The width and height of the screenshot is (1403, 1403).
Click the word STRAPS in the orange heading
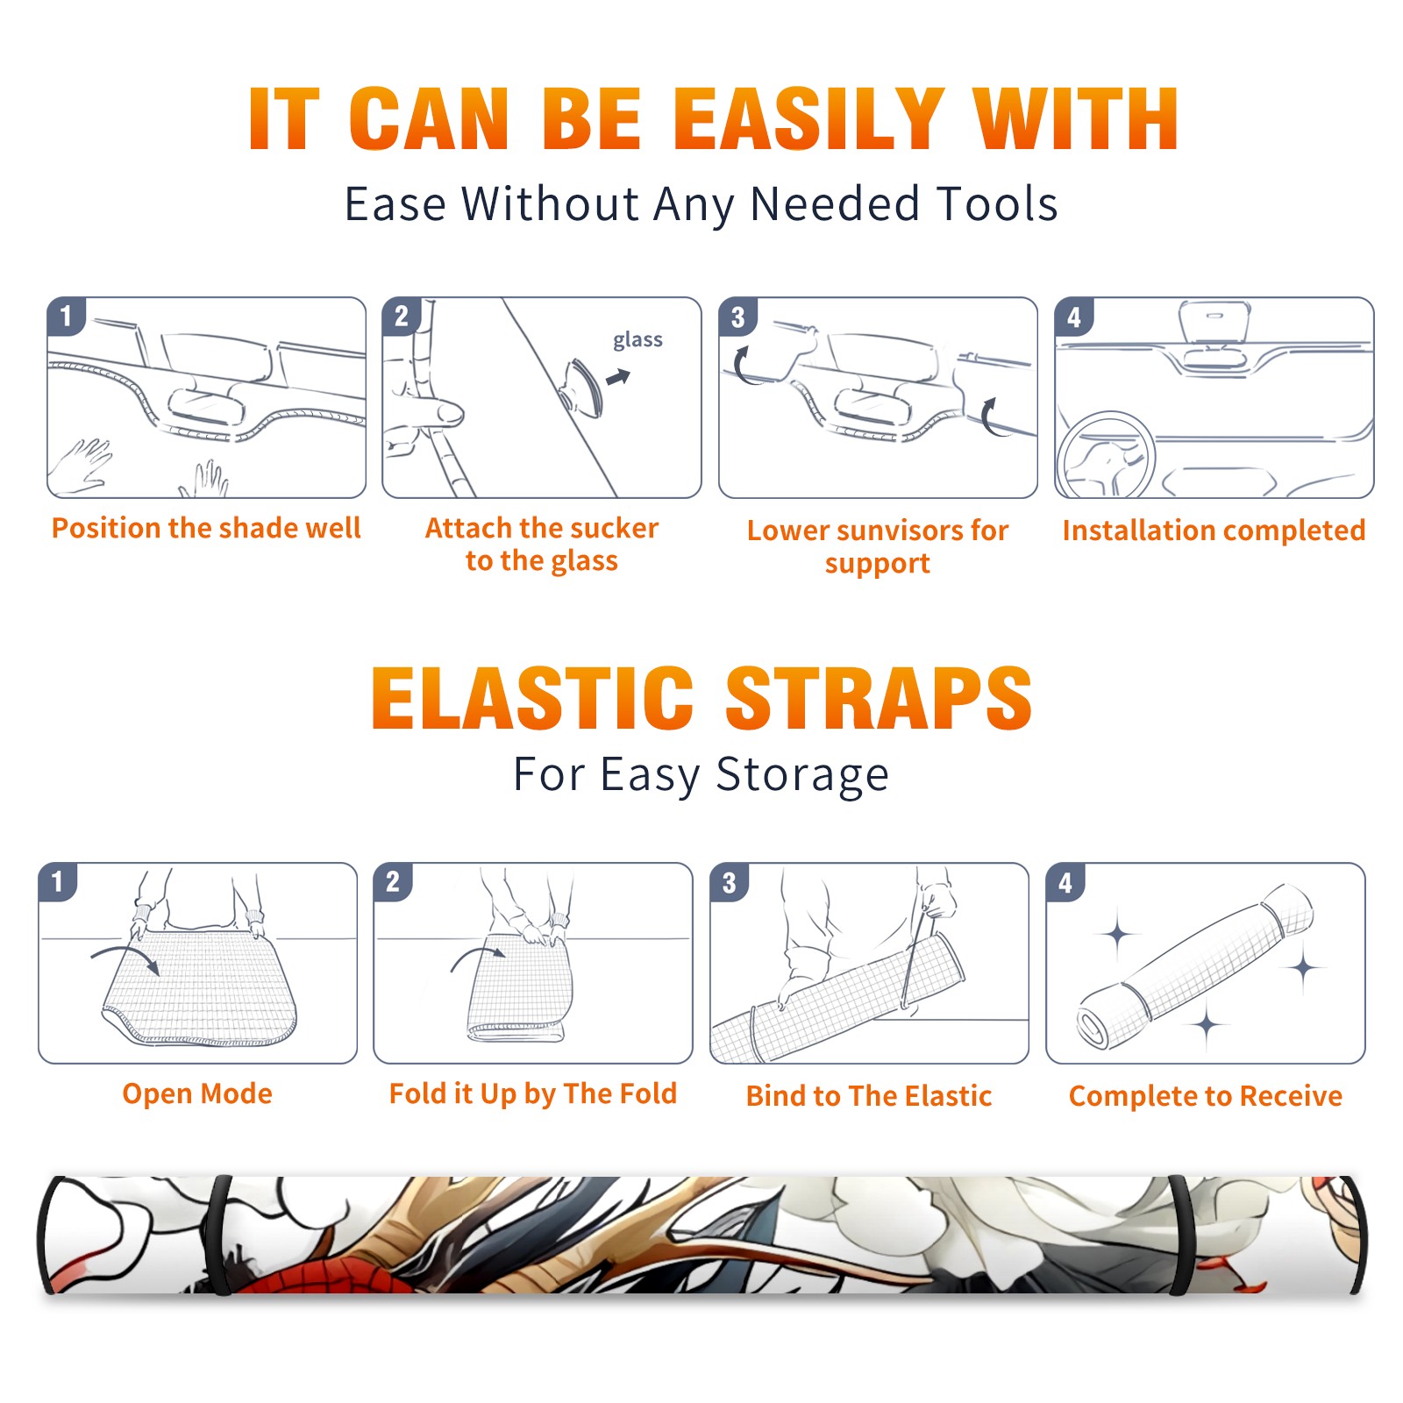click(x=879, y=698)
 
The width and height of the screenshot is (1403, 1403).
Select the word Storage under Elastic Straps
click(x=802, y=776)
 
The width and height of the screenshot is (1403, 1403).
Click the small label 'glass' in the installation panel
click(x=637, y=340)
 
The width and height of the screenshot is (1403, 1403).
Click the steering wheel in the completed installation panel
click(x=1105, y=455)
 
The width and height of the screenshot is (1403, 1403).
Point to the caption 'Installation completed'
click(x=1214, y=531)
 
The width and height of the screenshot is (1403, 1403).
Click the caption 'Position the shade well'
click(x=206, y=528)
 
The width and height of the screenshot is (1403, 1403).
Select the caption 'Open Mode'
click(x=197, y=1093)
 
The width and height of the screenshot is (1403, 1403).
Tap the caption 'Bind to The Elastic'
click(x=868, y=1096)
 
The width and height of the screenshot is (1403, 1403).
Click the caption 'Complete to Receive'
click(x=1206, y=1096)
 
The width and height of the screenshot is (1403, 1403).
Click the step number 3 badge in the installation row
click(x=737, y=317)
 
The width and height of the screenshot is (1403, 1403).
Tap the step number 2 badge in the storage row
click(x=393, y=881)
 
